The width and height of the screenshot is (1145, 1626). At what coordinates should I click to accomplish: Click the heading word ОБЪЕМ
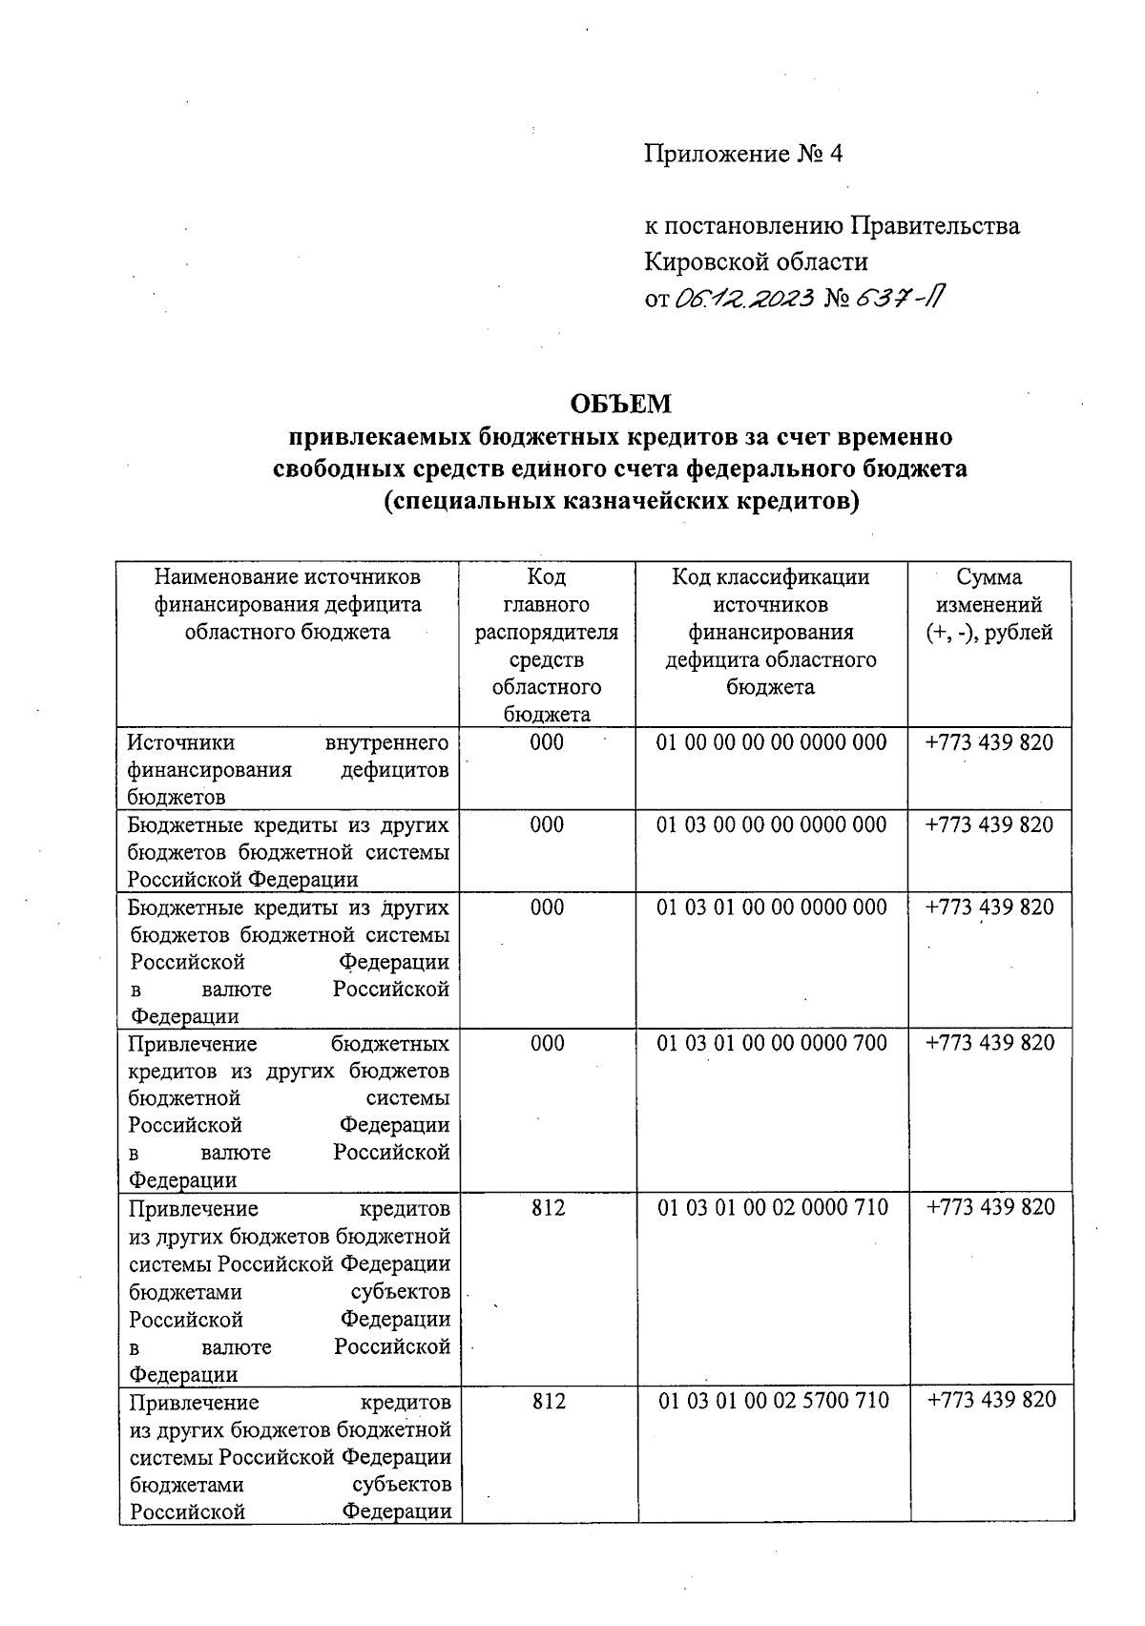620,405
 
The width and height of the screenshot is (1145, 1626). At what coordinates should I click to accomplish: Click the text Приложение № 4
743,154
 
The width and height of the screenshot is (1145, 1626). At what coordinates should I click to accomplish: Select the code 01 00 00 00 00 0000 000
771,742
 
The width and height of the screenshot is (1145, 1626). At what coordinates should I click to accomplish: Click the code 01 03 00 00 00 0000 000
771,824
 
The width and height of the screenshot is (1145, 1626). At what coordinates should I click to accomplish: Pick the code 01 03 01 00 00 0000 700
772,1043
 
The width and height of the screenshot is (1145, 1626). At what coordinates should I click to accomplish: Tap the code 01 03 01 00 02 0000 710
773,1207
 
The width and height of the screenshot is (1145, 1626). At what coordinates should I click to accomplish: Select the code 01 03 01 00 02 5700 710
773,1400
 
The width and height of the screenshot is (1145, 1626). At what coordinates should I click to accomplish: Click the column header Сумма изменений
989,604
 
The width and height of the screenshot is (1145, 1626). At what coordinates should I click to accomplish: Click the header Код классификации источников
770,591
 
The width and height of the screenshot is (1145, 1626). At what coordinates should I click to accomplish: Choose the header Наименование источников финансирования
287,591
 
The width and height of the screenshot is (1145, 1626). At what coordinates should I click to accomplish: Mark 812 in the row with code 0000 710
548,1207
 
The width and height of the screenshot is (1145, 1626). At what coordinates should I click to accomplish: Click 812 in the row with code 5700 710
549,1400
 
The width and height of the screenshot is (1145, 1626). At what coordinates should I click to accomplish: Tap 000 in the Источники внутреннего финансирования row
547,742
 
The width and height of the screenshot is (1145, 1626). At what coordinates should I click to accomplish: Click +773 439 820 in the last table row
991,1400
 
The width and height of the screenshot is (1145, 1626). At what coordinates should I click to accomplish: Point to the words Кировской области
756,261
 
